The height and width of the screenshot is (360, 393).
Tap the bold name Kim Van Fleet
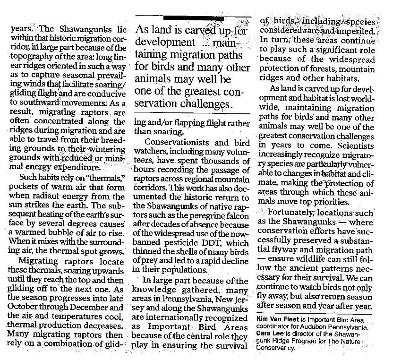point(283,320)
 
